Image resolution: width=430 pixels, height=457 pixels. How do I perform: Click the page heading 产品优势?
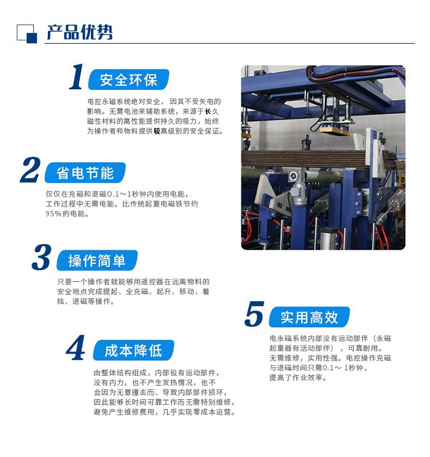pyautogui.click(x=79, y=32)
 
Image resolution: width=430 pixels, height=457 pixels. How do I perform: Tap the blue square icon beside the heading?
pyautogui.click(x=27, y=34)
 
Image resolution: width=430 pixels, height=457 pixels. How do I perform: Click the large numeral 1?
pyautogui.click(x=76, y=76)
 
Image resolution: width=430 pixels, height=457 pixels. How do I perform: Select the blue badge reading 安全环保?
pyautogui.click(x=128, y=79)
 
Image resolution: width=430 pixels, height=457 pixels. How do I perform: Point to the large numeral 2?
pyautogui.click(x=30, y=170)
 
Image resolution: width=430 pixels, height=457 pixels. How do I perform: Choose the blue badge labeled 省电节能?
pyautogui.click(x=85, y=173)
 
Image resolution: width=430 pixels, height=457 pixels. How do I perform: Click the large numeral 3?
pyautogui.click(x=42, y=257)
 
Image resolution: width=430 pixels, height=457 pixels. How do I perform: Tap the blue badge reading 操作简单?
pyautogui.click(x=97, y=260)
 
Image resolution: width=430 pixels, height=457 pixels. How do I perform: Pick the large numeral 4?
pyautogui.click(x=76, y=348)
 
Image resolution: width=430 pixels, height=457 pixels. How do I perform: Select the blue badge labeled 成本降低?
pyautogui.click(x=133, y=351)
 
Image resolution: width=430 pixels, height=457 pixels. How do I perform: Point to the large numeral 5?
pyautogui.click(x=254, y=314)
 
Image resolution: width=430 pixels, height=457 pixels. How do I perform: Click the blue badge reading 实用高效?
pyautogui.click(x=309, y=317)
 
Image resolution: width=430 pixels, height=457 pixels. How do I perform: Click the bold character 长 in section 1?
pyautogui.click(x=208, y=111)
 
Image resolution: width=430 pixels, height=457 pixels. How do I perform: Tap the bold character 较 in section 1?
pyautogui.click(x=157, y=131)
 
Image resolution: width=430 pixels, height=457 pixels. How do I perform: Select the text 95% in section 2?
pyautogui.click(x=53, y=213)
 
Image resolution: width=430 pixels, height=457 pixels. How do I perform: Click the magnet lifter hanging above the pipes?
pyautogui.click(x=335, y=128)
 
